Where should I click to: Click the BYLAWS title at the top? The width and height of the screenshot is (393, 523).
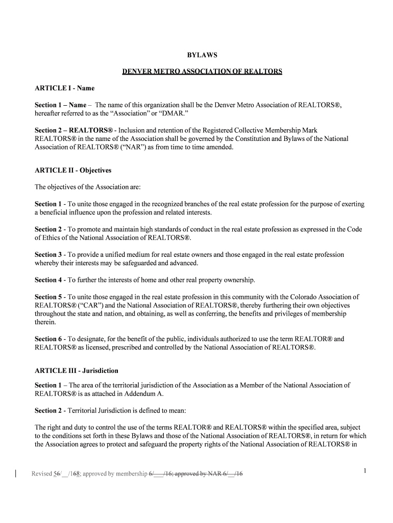[202, 55]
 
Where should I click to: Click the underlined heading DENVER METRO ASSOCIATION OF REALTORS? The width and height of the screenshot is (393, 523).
[202, 72]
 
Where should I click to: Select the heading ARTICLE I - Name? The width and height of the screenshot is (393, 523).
[64, 88]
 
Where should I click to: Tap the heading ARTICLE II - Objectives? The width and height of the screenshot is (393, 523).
[73, 170]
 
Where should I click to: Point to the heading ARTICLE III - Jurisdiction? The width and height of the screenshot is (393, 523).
[77, 370]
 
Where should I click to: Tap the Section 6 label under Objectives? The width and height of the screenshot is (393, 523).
[48, 339]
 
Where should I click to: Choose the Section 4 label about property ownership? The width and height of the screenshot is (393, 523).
[48, 280]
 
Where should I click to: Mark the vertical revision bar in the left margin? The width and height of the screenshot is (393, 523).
[16, 473]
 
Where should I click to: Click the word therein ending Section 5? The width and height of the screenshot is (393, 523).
[45, 322]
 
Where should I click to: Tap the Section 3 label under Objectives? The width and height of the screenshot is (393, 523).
[48, 254]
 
